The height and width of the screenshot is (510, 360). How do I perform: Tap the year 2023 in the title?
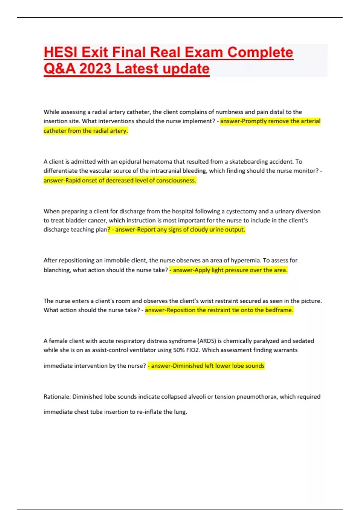[x=95, y=69]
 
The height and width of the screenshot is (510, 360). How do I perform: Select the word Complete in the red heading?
[x=260, y=52]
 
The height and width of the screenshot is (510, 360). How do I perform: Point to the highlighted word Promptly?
[x=254, y=121]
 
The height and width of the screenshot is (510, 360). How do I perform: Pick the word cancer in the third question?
[x=97, y=220]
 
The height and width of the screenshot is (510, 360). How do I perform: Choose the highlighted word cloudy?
[x=199, y=230]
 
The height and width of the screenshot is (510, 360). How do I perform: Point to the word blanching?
[x=57, y=270]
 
